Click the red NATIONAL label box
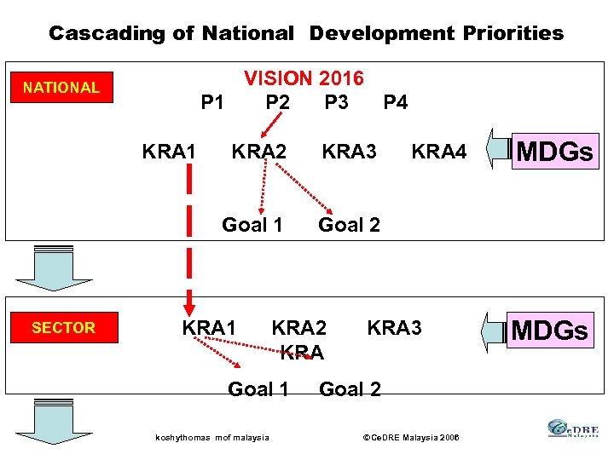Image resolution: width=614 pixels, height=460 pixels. (61, 88)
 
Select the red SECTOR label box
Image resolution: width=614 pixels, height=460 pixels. (64, 328)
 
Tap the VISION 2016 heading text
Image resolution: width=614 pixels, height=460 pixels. (304, 79)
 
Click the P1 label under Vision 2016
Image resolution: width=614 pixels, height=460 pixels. (212, 103)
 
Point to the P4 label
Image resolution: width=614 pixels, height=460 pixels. (395, 103)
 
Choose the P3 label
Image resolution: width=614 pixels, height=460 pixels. (336, 103)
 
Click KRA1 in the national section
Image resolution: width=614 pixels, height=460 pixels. (169, 152)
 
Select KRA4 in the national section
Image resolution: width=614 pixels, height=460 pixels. (439, 152)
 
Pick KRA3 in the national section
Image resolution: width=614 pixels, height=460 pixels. (349, 152)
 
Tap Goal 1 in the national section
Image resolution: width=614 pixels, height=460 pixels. (252, 225)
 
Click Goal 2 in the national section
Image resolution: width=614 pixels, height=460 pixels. (349, 225)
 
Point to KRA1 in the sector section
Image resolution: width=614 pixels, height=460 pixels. (209, 328)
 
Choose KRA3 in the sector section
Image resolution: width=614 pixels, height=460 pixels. (394, 328)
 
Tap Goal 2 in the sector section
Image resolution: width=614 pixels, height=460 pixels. (350, 389)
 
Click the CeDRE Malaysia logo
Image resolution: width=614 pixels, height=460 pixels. (573, 429)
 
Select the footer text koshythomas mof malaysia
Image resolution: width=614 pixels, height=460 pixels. (212, 438)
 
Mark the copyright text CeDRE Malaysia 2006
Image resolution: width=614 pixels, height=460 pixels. (411, 438)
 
